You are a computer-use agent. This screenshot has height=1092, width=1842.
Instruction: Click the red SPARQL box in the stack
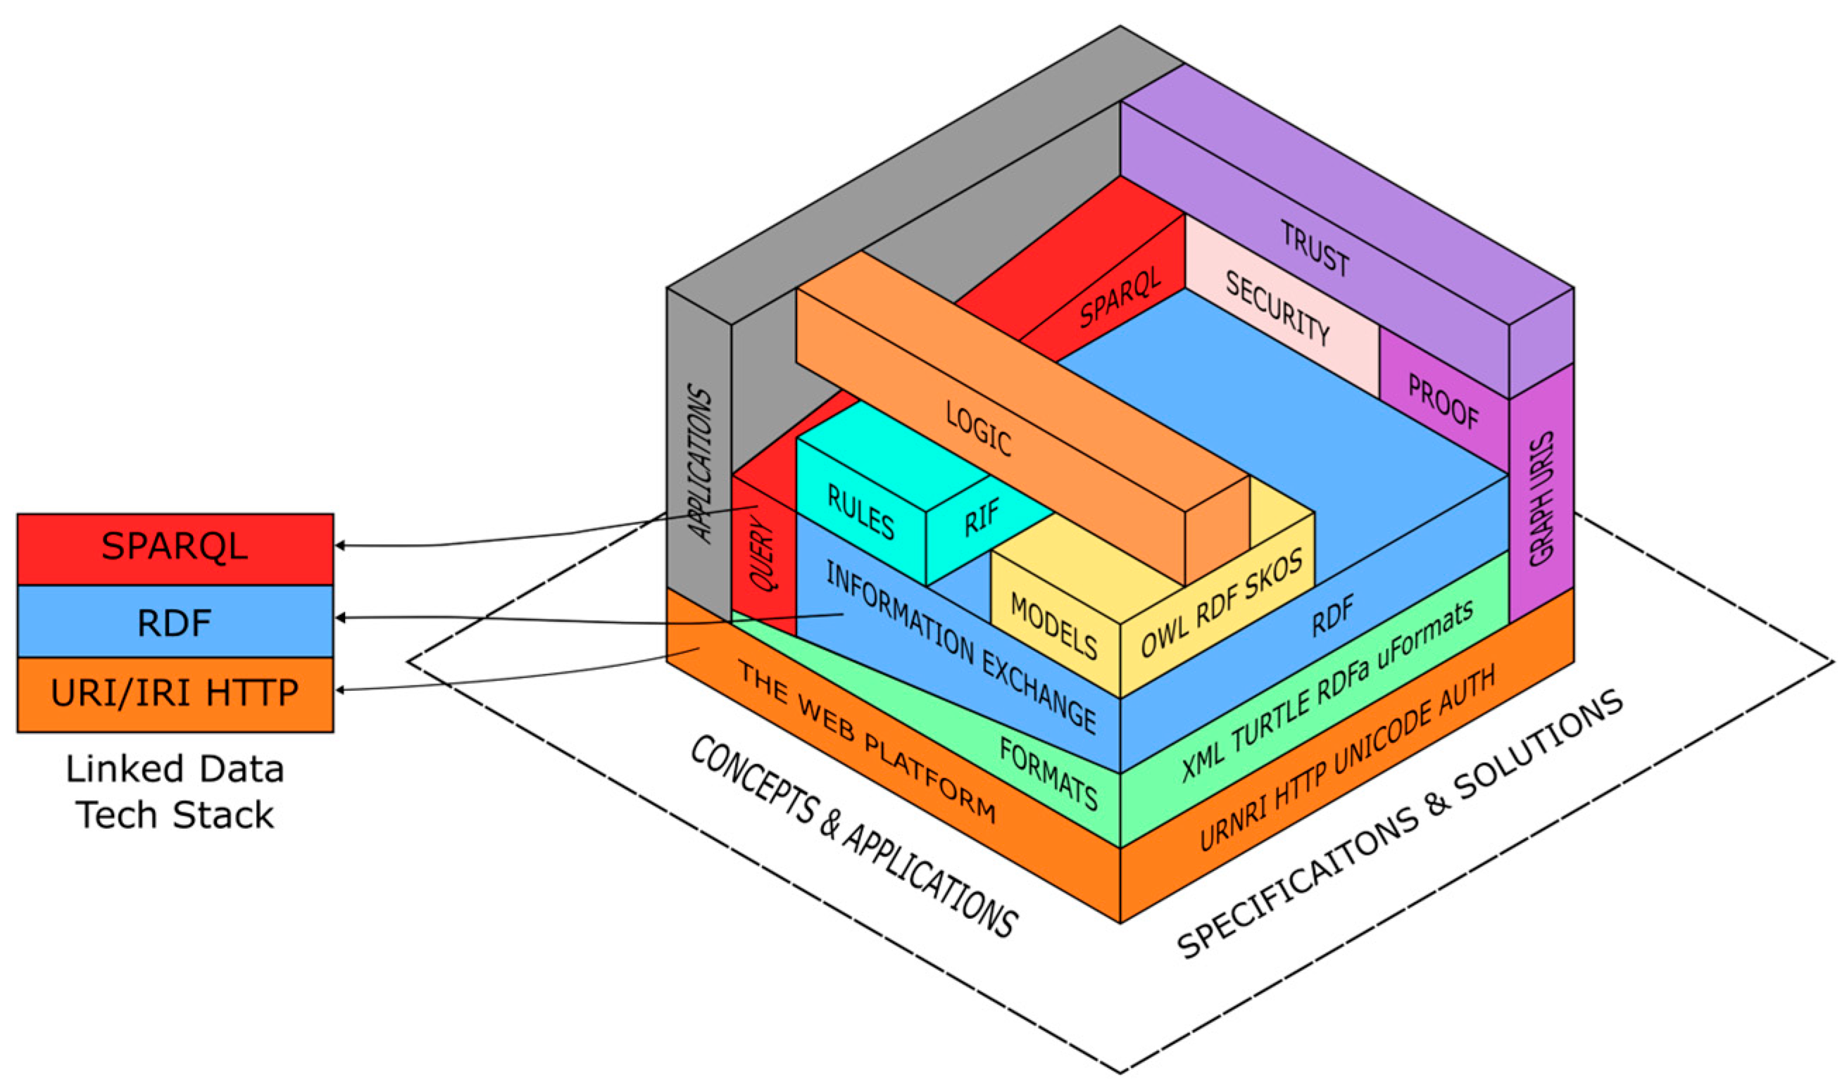tap(175, 547)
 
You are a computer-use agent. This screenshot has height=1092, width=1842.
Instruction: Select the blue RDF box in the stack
tap(175, 623)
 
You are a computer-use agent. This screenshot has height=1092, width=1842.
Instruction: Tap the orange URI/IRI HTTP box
tap(175, 693)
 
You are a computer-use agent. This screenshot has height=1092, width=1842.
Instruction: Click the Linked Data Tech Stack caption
tap(175, 792)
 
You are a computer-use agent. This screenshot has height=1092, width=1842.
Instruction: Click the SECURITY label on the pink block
tap(1277, 308)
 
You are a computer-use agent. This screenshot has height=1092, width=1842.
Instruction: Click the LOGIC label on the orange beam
tap(979, 429)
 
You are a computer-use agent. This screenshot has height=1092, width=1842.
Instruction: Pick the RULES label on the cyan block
tap(860, 512)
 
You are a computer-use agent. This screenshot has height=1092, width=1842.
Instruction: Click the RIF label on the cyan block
tap(982, 517)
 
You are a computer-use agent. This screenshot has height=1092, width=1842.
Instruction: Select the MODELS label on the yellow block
tap(1053, 626)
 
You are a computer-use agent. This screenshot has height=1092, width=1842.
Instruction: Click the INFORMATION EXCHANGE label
tap(960, 647)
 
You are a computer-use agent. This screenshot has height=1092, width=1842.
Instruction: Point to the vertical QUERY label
tap(763, 552)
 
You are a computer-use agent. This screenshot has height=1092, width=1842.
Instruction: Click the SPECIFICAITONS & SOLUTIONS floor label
tap(1399, 825)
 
